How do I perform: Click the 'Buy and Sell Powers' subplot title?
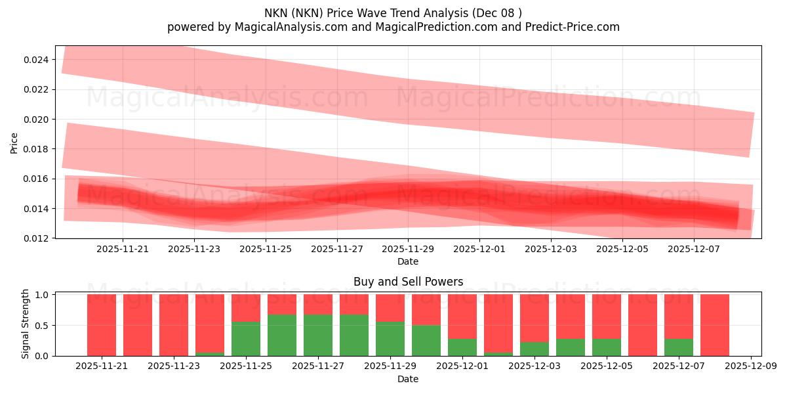[x=408, y=282]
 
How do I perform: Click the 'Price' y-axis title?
[x=14, y=142]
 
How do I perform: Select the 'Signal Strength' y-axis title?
[x=26, y=324]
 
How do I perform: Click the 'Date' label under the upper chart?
[x=408, y=261]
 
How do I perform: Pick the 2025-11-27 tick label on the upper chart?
[x=337, y=250]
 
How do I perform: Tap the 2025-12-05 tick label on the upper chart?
[x=622, y=250]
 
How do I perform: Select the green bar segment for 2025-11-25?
[x=246, y=339]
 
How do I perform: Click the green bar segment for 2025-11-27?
[x=318, y=335]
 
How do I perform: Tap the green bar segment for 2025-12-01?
[x=462, y=347]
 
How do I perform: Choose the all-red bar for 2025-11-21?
[x=102, y=325]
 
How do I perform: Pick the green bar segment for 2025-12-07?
[x=679, y=347]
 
